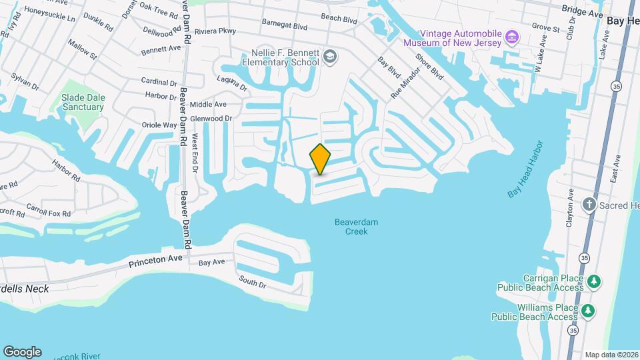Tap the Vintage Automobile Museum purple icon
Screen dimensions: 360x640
[x=512, y=35]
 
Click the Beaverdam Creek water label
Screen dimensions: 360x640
[x=351, y=227]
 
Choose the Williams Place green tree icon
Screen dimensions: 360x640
[x=587, y=311]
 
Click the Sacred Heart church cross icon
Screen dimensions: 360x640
[x=589, y=204]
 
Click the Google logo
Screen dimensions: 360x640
[x=22, y=351]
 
